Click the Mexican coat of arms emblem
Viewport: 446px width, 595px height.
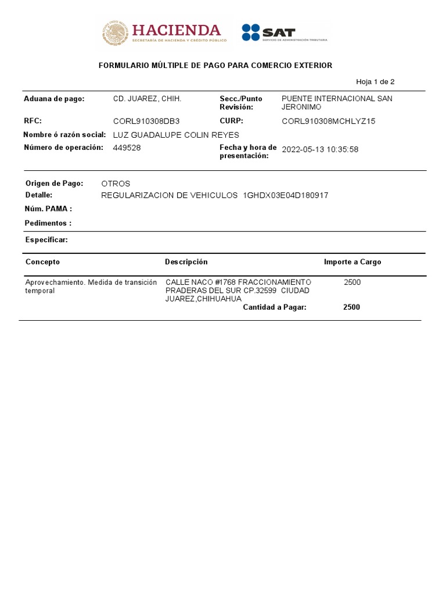(115, 33)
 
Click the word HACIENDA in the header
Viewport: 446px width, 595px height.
(177, 30)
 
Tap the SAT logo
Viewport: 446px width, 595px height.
(268, 33)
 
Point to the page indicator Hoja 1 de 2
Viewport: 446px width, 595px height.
(375, 82)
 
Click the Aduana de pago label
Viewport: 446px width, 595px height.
(54, 99)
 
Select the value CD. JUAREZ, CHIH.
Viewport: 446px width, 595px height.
(147, 99)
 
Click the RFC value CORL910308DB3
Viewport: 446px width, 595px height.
(146, 121)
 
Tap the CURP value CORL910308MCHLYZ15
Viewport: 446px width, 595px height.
(329, 121)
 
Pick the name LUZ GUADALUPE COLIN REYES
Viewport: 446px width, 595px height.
(175, 135)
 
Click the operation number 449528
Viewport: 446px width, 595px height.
(127, 148)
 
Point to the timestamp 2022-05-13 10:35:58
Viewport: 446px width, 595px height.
(320, 149)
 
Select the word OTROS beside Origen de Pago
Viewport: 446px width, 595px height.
(116, 184)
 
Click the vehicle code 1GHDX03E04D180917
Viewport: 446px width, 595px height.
(286, 195)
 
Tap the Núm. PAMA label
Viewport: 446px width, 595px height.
(48, 209)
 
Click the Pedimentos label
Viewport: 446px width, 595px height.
(48, 223)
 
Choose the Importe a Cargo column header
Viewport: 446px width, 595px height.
(353, 262)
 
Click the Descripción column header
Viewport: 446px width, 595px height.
(186, 262)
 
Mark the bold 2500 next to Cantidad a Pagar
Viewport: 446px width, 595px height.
(351, 307)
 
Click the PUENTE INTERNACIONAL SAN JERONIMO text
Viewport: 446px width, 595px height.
(337, 103)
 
